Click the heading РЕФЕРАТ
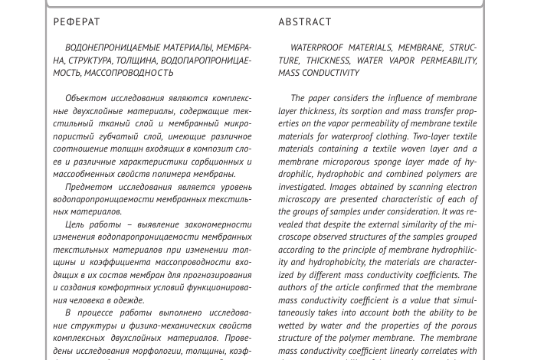click(77, 22)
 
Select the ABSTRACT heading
click(305, 22)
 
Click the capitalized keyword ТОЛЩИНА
click(135, 61)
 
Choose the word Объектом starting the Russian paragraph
click(87, 98)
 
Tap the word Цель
click(75, 224)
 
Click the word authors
click(295, 288)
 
